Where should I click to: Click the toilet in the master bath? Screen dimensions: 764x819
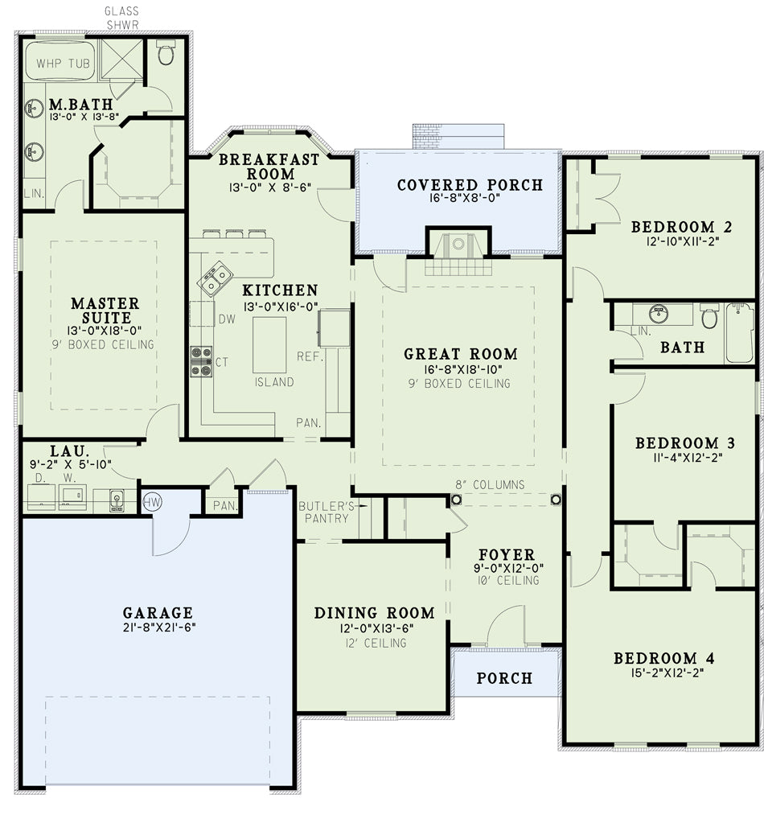166,53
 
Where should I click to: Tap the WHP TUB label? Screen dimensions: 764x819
63,64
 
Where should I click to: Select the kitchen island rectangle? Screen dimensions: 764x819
269,344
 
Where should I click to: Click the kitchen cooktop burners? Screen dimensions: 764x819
201,361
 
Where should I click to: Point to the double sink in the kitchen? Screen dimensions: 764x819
216,279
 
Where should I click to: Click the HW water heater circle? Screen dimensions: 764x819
152,503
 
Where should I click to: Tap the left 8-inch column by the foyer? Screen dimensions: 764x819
456,500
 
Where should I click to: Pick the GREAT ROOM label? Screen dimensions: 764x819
461,354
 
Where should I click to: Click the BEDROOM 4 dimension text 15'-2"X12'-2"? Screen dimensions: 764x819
667,673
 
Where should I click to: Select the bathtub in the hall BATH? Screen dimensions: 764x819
740,333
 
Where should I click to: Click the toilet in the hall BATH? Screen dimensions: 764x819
709,315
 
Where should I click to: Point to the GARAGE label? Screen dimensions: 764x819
158,612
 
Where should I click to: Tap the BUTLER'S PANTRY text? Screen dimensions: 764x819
327,512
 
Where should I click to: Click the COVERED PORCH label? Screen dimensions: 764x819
470,185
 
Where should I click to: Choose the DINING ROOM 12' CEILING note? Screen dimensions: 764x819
376,643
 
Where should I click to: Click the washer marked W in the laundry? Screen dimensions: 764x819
72,497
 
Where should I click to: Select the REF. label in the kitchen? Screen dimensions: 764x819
310,356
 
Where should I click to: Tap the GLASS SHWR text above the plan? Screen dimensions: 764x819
122,18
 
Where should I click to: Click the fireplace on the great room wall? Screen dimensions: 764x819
458,251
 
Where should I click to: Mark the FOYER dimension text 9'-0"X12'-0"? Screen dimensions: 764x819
508,568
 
